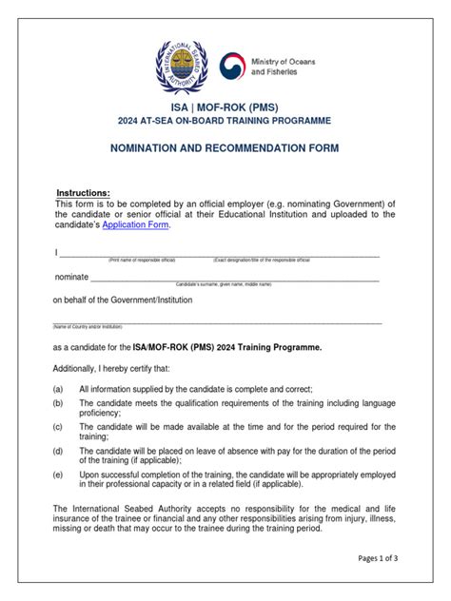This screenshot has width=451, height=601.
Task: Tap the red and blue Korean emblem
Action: (235, 68)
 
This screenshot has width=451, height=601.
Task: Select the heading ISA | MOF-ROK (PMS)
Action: (225, 107)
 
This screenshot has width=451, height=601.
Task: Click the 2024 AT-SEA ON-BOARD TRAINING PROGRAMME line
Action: (225, 122)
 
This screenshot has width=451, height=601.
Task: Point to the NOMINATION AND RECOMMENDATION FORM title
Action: (225, 149)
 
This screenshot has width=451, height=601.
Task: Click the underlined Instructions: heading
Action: (83, 193)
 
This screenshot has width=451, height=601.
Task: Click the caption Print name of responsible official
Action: (142, 260)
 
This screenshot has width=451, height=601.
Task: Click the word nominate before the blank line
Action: (70, 277)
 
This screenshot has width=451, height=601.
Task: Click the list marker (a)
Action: (59, 390)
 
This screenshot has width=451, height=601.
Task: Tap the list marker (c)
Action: (59, 426)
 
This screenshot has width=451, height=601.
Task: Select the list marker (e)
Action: (59, 474)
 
